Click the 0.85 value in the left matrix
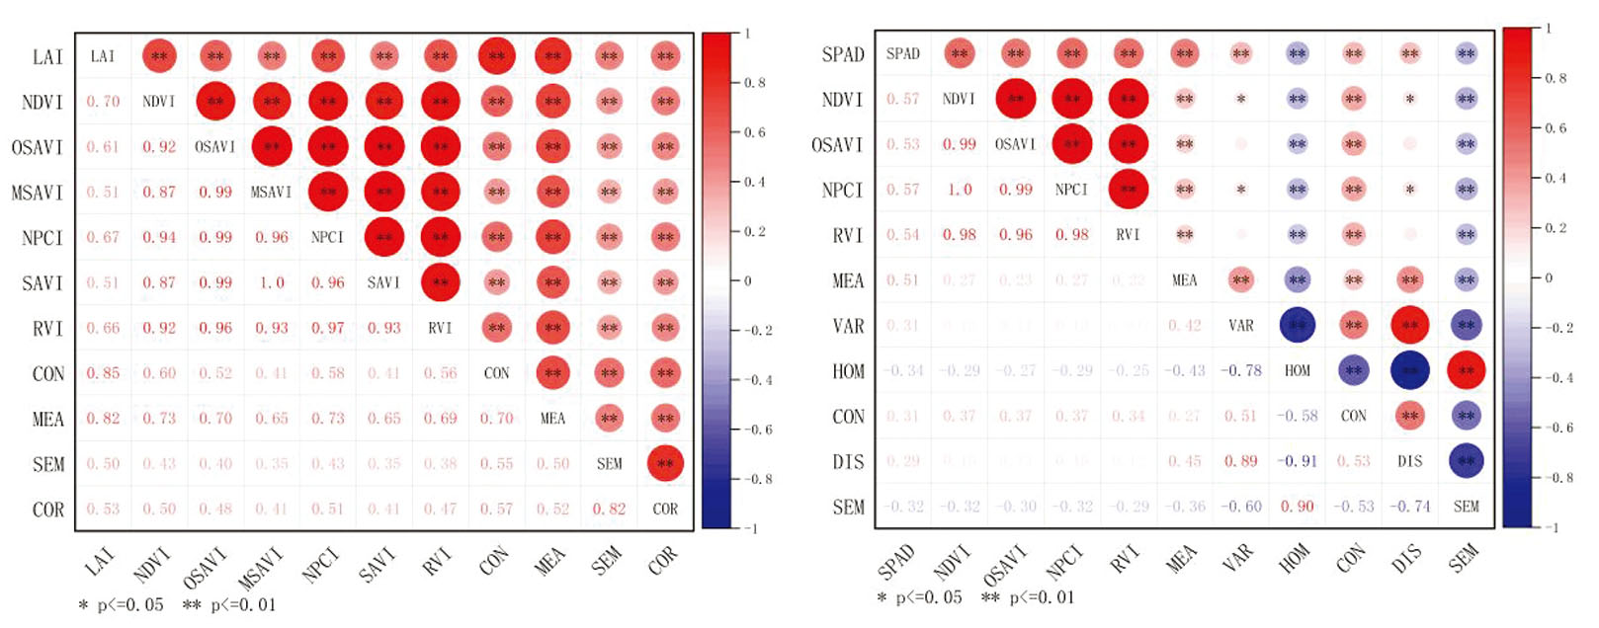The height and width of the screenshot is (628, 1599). click(103, 373)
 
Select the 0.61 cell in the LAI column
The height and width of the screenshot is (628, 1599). click(103, 147)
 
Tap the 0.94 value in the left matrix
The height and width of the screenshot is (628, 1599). click(159, 238)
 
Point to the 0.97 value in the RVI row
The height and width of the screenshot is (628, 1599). click(328, 328)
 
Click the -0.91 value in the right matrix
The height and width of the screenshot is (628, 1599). click(1297, 461)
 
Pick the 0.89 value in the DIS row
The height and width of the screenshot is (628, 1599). click(1240, 461)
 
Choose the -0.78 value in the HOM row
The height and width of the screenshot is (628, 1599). click(1240, 370)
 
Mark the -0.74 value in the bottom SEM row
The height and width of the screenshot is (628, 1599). click(1409, 507)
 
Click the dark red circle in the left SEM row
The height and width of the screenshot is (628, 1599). click(665, 463)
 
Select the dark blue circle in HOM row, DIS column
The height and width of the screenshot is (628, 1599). click(1409, 370)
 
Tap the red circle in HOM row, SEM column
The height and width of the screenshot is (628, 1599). click(1466, 370)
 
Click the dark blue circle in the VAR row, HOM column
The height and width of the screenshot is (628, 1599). click(1297, 325)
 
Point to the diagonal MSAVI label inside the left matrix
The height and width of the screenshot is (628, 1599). click(272, 193)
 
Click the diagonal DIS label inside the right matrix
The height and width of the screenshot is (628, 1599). click(1409, 461)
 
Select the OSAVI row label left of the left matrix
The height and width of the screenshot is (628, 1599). click(37, 147)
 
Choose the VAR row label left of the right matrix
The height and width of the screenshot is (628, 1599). click(848, 326)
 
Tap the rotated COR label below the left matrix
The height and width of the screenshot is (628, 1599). click(663, 560)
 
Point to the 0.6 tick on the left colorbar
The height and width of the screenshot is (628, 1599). click(755, 132)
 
